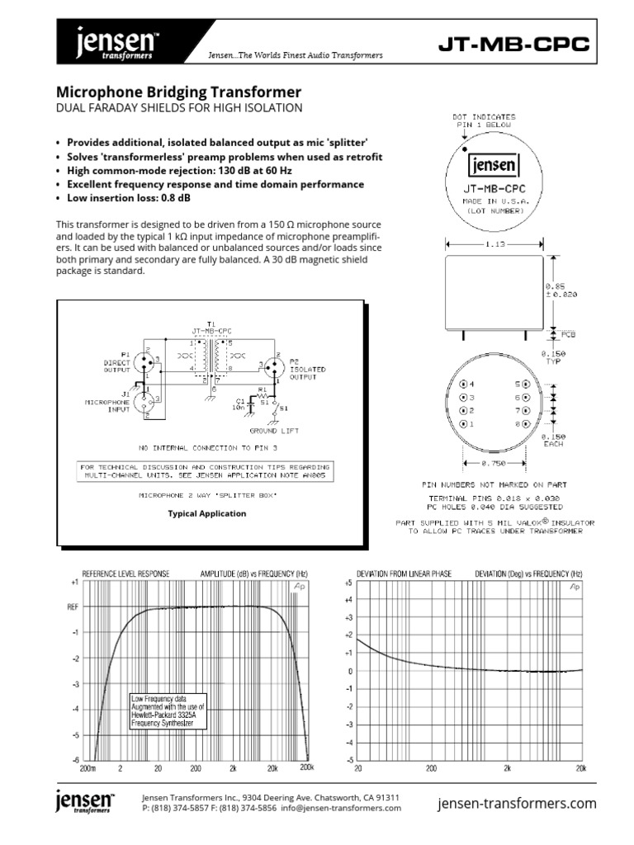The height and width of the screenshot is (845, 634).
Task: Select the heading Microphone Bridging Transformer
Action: click(x=177, y=92)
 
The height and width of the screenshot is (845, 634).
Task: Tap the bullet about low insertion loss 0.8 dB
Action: click(x=128, y=198)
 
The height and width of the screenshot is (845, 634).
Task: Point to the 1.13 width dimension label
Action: click(x=493, y=244)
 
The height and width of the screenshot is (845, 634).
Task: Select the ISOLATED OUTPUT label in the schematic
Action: click(x=306, y=374)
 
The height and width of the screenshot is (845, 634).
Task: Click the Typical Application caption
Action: click(x=206, y=513)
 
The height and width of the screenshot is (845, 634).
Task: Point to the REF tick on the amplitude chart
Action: click(x=73, y=607)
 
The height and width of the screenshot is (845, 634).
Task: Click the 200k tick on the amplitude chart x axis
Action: click(x=307, y=767)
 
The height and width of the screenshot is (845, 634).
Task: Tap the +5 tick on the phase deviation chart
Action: click(x=348, y=582)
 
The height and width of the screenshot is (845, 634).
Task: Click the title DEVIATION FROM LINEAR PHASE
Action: click(x=404, y=574)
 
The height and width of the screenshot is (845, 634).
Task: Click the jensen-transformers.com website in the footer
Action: click(x=516, y=803)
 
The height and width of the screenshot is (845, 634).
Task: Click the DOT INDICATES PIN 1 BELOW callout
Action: click(x=485, y=120)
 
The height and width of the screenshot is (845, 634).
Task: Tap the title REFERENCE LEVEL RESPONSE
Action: click(x=125, y=574)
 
